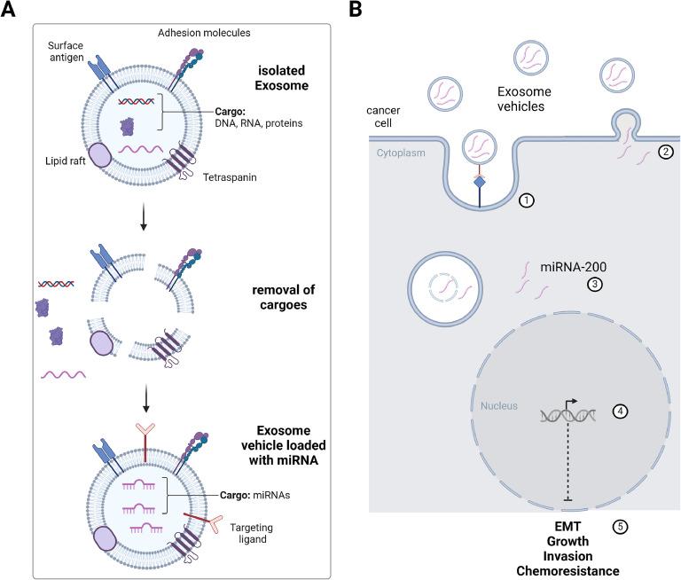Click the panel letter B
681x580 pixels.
355,10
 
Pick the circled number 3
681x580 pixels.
595,285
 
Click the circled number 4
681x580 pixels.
620,411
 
